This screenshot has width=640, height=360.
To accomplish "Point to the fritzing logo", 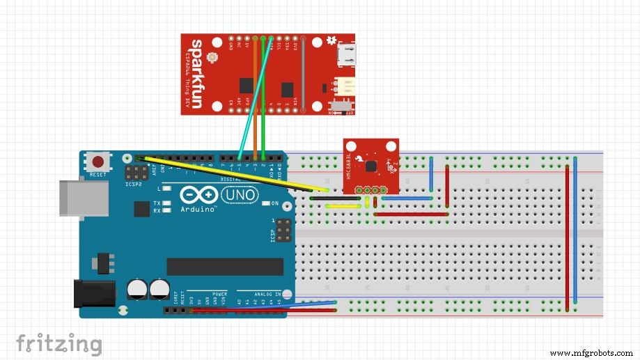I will pos(59,344).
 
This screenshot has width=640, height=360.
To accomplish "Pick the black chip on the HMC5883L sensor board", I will pos(372,166).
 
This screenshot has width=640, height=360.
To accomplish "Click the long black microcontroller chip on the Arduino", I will pos(224,267).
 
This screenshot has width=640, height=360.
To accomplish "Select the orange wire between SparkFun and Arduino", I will pos(256,104).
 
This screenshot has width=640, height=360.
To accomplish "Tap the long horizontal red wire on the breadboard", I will pos(411,214).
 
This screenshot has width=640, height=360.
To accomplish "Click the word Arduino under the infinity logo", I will pos(199,208).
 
